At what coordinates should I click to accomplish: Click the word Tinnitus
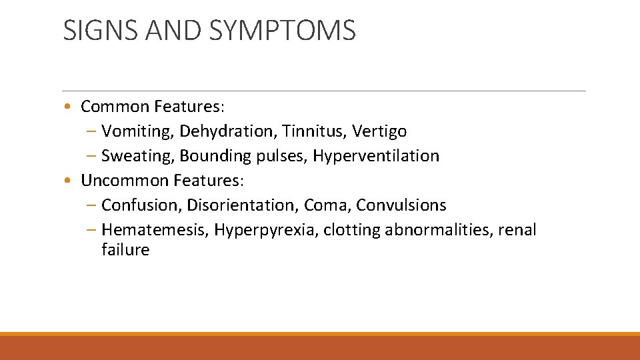pyautogui.click(x=309, y=131)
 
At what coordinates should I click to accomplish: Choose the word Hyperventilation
pyautogui.click(x=376, y=156)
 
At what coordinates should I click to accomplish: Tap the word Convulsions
pyautogui.click(x=401, y=205)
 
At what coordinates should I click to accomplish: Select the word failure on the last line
pyautogui.click(x=125, y=250)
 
